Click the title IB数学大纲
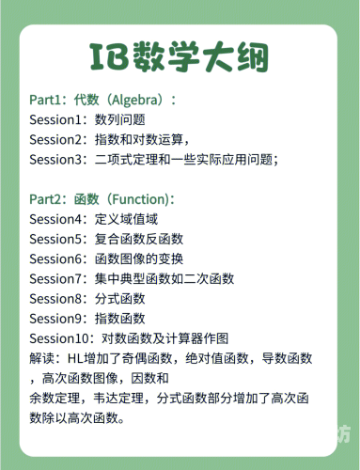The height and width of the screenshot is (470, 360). pos(180,57)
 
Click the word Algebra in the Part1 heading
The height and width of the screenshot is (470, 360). pos(140,99)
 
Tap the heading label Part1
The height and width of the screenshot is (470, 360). pos(46,99)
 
